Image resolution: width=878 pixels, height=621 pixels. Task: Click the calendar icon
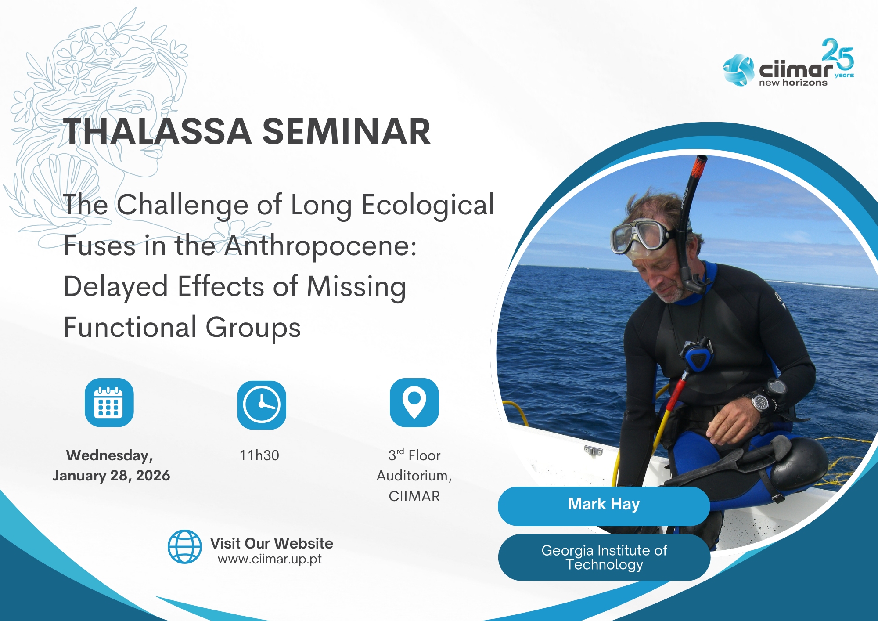[109, 402]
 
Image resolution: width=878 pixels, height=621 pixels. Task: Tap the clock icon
[262, 404]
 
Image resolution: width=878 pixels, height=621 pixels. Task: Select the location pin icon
[414, 402]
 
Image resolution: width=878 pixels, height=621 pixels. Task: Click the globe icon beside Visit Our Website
[185, 546]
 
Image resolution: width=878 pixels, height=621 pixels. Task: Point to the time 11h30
[259, 455]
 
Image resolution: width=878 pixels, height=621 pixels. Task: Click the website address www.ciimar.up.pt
[270, 559]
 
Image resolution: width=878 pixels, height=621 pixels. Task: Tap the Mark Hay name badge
[604, 506]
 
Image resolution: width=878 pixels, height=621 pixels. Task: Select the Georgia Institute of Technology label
[604, 557]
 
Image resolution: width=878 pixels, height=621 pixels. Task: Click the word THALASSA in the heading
[158, 131]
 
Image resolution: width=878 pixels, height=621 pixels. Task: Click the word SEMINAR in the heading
[346, 131]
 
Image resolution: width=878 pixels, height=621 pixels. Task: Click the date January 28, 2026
[111, 476]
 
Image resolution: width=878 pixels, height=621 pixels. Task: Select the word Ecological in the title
[428, 205]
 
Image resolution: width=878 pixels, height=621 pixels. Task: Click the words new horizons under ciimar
[793, 83]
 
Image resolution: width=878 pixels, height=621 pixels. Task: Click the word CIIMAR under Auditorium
[414, 496]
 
